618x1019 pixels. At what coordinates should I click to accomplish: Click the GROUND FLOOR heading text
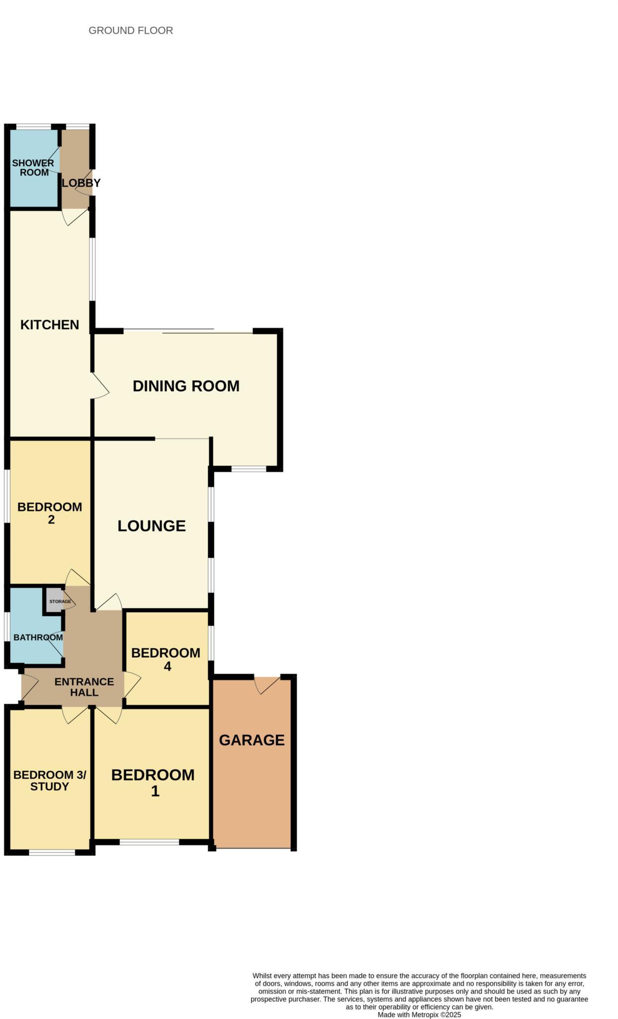click(131, 30)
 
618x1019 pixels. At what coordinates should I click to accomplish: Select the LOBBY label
click(81, 183)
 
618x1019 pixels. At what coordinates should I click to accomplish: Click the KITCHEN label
click(50, 325)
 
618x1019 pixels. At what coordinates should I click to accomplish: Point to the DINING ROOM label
click(186, 386)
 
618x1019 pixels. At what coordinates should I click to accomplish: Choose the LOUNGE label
click(152, 526)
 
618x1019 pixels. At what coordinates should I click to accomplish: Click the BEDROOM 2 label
click(50, 513)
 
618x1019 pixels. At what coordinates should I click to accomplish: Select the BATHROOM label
click(38, 637)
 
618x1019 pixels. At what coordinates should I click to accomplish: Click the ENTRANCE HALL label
click(84, 687)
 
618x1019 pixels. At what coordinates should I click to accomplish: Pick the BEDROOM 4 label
click(166, 659)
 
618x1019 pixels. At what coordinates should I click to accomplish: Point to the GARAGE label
click(252, 740)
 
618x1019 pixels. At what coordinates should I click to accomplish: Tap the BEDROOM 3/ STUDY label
click(50, 781)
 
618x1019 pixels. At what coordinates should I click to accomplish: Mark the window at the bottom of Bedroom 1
click(149, 842)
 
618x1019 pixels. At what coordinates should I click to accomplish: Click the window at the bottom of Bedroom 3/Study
click(52, 852)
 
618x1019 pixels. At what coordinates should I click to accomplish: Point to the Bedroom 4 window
click(211, 642)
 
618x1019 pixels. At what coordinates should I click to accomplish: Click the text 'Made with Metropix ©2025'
click(419, 1015)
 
